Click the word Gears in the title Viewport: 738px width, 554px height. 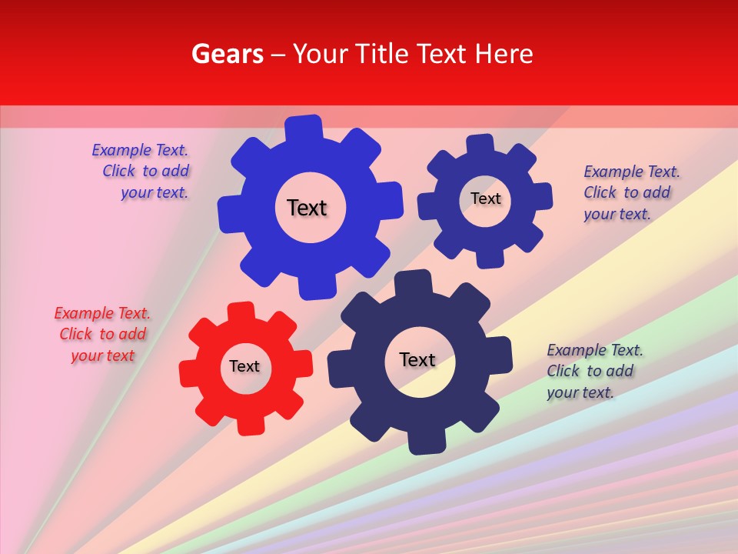227,54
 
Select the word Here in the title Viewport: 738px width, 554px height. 504,54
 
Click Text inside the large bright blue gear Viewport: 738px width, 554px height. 307,208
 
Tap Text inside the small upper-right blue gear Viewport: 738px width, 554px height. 485,199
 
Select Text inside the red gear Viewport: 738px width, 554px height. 244,366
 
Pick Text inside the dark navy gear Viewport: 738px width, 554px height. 417,359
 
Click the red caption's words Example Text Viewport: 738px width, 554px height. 102,313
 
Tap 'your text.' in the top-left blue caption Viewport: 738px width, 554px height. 155,192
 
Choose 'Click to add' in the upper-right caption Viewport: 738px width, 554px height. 627,192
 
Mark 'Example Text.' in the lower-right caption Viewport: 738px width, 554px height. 595,350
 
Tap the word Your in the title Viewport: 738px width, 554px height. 319,54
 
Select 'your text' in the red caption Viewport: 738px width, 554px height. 103,355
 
